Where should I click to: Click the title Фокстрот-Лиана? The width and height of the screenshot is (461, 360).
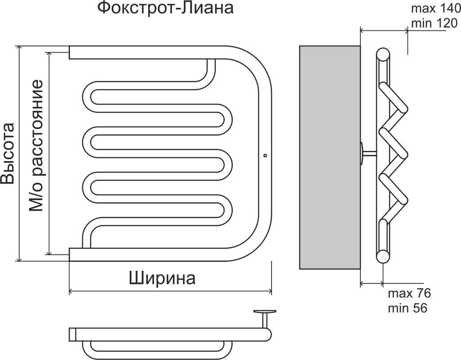166,8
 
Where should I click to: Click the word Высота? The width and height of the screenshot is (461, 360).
8,153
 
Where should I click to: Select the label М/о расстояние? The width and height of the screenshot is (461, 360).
36,146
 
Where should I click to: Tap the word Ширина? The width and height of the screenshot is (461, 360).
162,278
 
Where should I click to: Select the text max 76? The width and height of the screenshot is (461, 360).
409,293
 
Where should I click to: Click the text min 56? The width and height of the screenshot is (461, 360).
407,308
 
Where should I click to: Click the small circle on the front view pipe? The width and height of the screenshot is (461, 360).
264,156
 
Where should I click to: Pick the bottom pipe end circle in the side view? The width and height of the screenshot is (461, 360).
383,256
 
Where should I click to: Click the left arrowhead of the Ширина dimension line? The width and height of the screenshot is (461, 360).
71,292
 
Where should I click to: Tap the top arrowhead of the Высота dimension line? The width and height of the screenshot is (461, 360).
19,47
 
